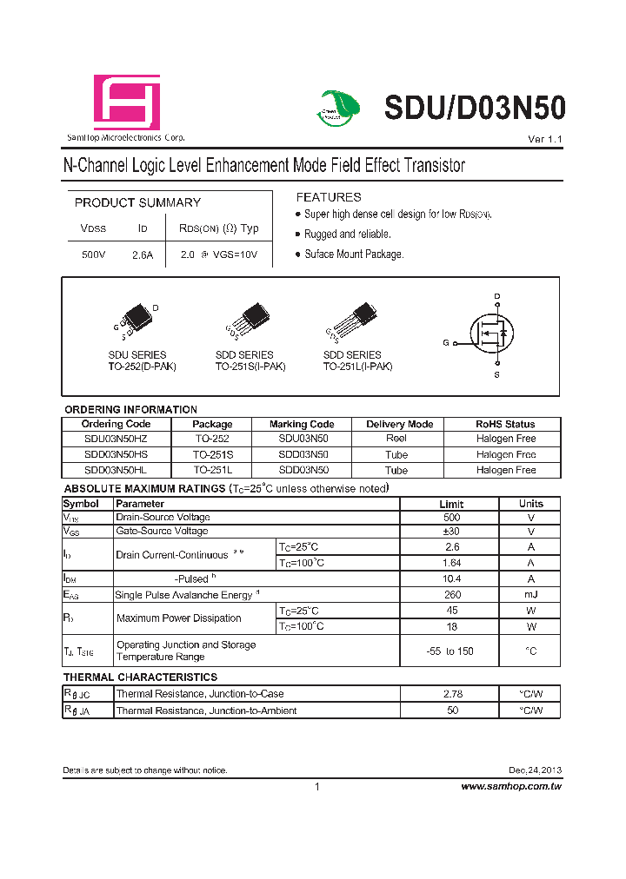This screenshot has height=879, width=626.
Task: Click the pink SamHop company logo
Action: click(x=127, y=102)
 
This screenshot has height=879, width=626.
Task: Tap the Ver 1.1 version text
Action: click(x=545, y=140)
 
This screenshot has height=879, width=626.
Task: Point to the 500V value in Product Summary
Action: click(x=93, y=255)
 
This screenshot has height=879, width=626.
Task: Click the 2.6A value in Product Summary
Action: click(x=143, y=255)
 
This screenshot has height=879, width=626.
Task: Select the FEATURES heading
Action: click(x=329, y=197)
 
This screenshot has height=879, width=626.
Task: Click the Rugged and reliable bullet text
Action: click(x=347, y=235)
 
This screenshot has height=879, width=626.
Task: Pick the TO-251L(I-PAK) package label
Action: click(x=357, y=367)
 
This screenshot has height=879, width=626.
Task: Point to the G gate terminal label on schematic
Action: click(x=445, y=343)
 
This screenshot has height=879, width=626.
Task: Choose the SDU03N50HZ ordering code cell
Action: click(x=116, y=439)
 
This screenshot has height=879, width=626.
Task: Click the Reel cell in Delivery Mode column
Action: click(x=396, y=439)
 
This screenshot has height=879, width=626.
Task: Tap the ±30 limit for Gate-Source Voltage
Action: click(x=451, y=532)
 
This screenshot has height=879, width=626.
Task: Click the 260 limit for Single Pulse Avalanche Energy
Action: click(x=451, y=595)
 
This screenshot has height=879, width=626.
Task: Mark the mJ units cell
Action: click(x=530, y=595)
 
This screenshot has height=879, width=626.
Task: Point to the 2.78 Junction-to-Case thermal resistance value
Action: click(x=451, y=694)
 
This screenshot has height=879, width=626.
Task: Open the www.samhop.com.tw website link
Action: click(x=510, y=786)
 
